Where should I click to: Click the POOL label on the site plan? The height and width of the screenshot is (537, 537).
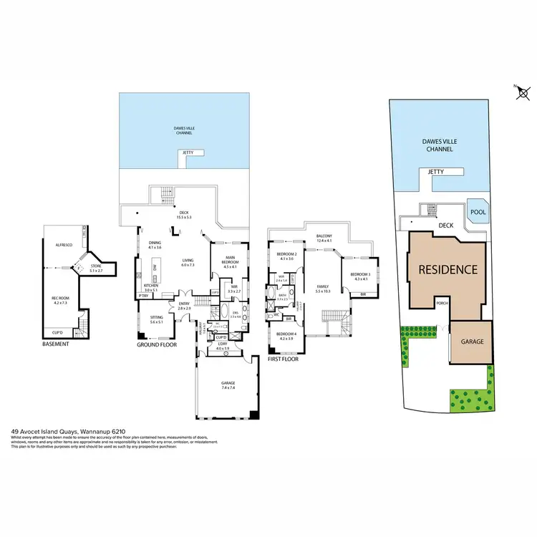[x=476, y=212]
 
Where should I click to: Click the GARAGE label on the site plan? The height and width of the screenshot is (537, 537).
[x=471, y=342]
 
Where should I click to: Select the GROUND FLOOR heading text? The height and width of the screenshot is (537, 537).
[x=157, y=344]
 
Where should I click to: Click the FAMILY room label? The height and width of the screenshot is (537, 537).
[x=322, y=288]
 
